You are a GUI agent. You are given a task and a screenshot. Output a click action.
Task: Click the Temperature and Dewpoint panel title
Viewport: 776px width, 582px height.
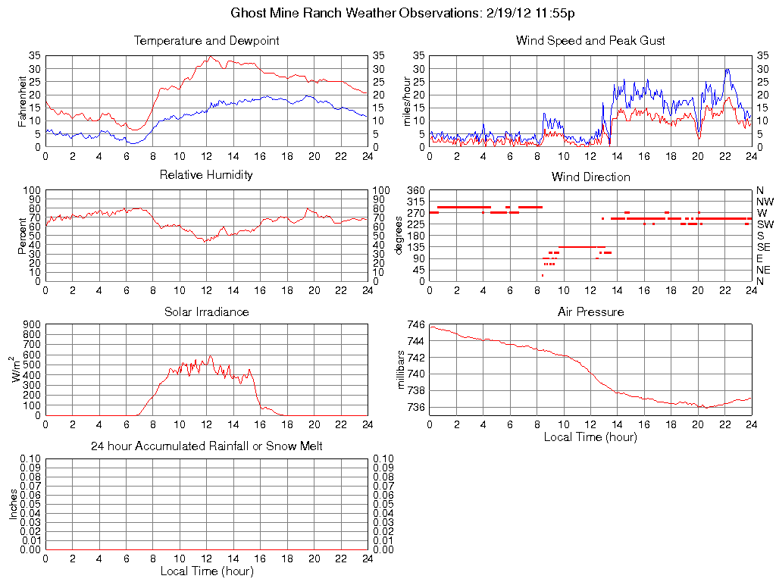(x=206, y=40)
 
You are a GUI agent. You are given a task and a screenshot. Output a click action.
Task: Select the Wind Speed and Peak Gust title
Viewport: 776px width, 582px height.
(x=590, y=40)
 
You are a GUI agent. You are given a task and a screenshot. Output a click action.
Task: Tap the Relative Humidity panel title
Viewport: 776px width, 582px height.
(x=206, y=175)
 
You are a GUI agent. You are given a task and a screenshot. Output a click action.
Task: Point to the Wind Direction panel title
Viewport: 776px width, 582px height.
(x=590, y=177)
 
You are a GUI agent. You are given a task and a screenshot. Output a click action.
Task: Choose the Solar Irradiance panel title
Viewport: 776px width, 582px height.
(x=206, y=311)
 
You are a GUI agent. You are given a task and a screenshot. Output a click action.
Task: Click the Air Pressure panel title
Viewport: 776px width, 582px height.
(x=590, y=311)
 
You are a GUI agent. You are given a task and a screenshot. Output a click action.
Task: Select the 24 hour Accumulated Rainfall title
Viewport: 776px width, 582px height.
(x=206, y=446)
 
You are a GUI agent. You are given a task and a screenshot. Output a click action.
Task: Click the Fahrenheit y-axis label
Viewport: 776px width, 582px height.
(x=22, y=101)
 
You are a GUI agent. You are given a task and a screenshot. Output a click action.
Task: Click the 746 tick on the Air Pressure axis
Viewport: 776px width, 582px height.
(x=415, y=324)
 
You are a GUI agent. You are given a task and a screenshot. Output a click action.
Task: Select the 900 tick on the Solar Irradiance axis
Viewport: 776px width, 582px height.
(x=32, y=324)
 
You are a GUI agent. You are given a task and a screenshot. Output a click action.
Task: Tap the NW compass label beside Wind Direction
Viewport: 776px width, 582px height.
(x=765, y=202)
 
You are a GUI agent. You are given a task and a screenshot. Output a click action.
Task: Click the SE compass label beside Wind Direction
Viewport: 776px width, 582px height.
(x=764, y=247)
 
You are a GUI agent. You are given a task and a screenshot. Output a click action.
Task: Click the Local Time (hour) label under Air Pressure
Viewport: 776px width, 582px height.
(x=590, y=436)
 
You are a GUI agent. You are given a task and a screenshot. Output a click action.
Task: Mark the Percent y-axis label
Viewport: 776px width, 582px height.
(x=22, y=236)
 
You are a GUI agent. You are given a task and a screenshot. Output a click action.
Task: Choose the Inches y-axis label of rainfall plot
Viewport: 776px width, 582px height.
(x=13, y=504)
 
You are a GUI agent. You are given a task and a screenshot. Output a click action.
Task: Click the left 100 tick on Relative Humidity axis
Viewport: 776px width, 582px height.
(x=32, y=189)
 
